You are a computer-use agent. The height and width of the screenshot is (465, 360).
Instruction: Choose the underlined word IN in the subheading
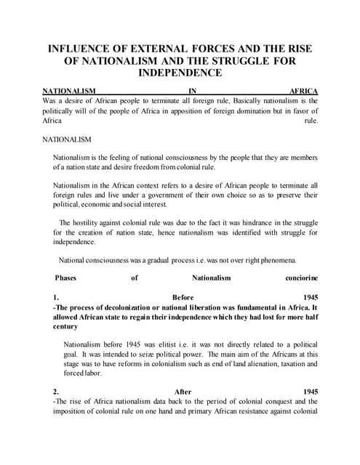193,92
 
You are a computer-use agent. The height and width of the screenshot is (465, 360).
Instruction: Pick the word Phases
67,278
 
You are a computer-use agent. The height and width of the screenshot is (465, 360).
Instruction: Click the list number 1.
56,297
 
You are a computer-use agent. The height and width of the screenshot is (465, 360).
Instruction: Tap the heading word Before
183,297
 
